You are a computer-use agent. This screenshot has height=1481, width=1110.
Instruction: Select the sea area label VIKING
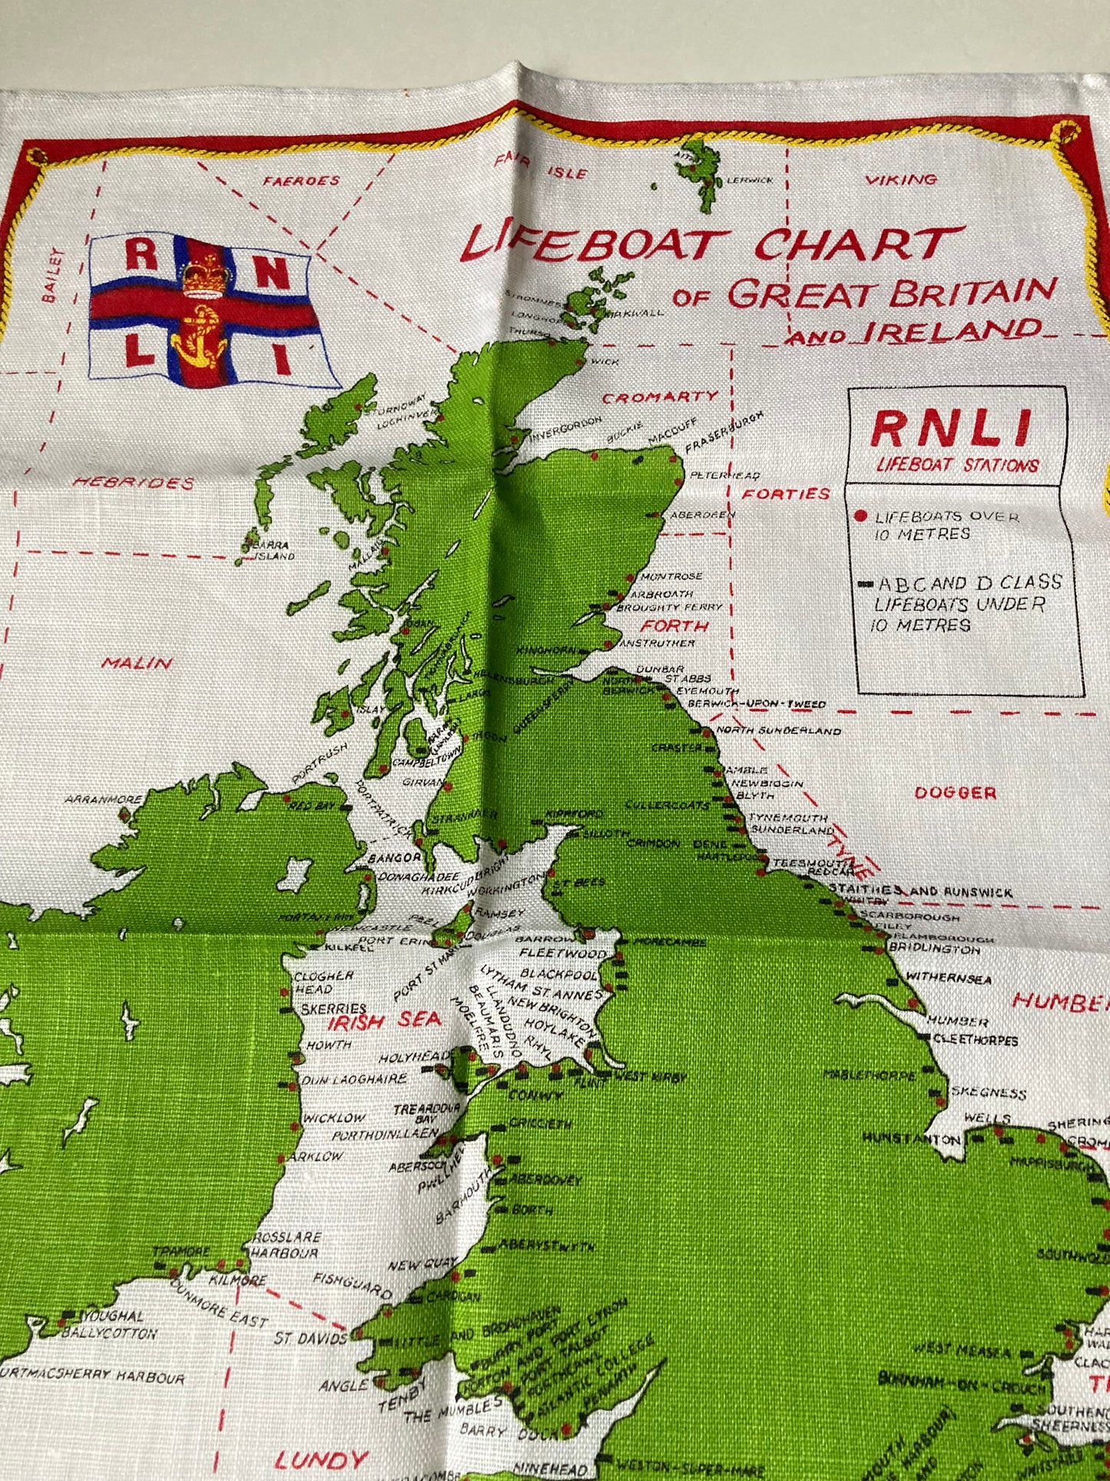coord(901,180)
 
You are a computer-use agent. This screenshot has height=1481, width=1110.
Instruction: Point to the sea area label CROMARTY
coord(660,397)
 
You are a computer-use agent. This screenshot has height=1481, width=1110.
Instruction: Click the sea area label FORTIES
coord(786,493)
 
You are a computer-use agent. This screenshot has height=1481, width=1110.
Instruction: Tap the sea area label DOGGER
coord(956,792)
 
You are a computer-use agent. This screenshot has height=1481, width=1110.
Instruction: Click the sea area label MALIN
coord(137,662)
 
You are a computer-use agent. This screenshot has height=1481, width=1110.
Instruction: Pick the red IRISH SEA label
coord(384,1021)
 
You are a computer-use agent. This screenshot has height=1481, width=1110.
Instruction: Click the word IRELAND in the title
coord(953,331)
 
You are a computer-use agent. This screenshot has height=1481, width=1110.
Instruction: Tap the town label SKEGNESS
coord(989,1093)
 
